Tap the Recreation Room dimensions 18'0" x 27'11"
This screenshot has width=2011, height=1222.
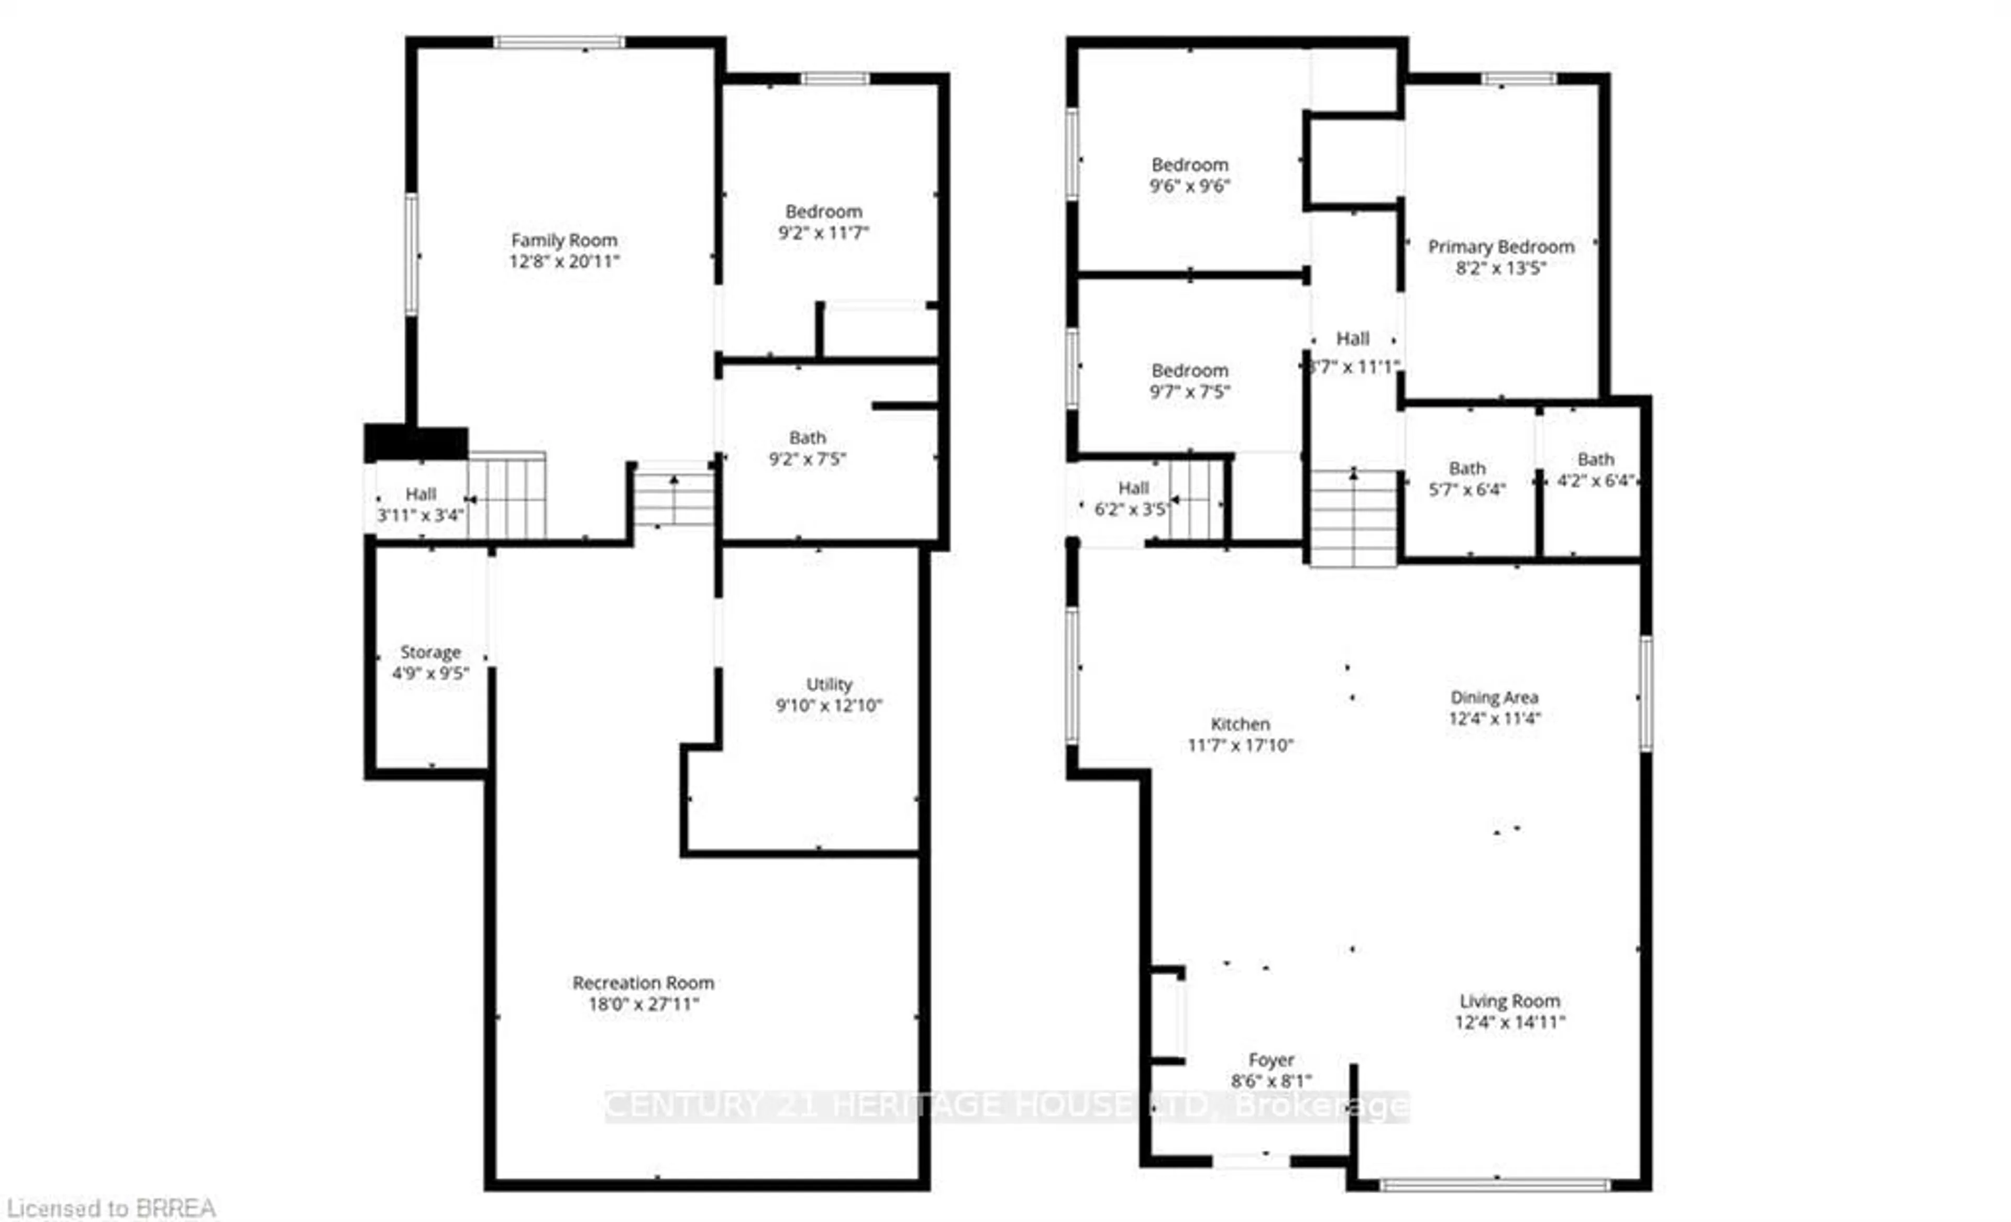click(x=644, y=1004)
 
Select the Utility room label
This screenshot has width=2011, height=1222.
click(x=828, y=684)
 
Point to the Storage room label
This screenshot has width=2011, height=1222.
click(x=430, y=652)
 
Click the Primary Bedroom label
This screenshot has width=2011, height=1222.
click(x=1500, y=247)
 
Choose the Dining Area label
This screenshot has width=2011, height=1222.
click(x=1494, y=698)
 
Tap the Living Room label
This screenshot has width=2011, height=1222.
click(x=1509, y=1001)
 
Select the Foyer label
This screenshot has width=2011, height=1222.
click(x=1270, y=1060)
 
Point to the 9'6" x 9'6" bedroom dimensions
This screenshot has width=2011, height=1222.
click(x=1189, y=186)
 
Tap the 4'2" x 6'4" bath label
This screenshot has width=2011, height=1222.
click(x=1595, y=459)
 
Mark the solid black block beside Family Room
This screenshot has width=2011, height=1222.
click(x=415, y=443)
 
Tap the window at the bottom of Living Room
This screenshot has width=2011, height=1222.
click(x=1495, y=1184)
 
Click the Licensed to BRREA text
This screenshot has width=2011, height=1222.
click(x=111, y=1207)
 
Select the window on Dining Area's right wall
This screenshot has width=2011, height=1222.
click(x=1645, y=694)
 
